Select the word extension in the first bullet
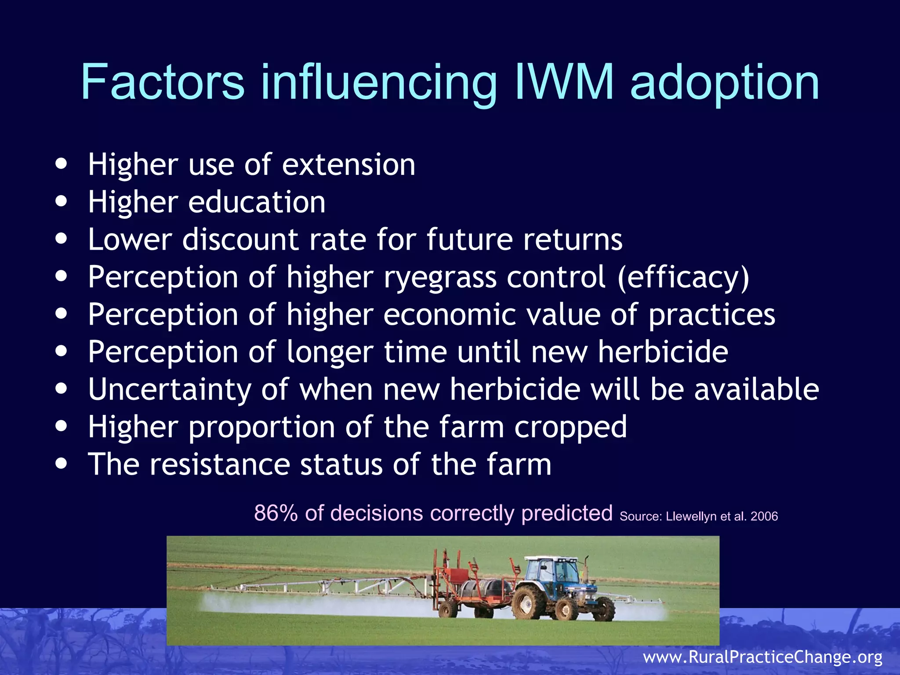348,165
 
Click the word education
257,203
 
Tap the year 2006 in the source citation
764,516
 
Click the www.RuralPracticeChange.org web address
762,657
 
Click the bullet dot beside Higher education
62,202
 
